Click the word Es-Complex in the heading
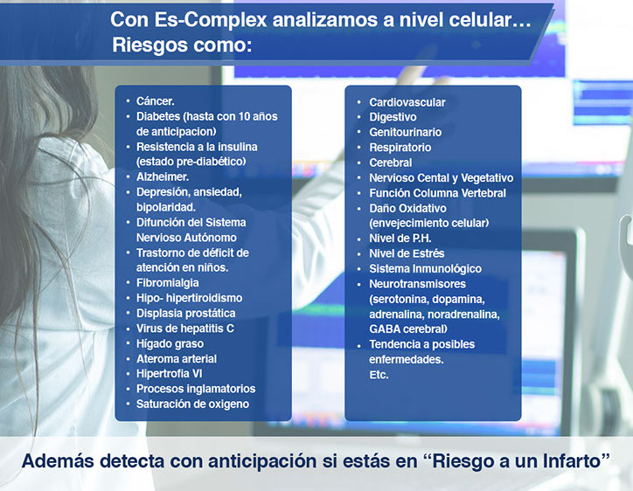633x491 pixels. pyautogui.click(x=211, y=19)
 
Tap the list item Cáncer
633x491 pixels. pyautogui.click(x=156, y=100)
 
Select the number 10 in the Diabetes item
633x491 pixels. pyautogui.click(x=244, y=116)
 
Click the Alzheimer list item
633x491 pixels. pyautogui.click(x=163, y=176)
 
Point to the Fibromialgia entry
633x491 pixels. pyautogui.click(x=168, y=282)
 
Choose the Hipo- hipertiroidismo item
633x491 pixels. pyautogui.click(x=190, y=298)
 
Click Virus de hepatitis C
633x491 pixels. pyautogui.click(x=185, y=328)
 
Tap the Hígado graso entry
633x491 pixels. pyautogui.click(x=170, y=343)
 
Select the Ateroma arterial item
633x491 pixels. pyautogui.click(x=177, y=359)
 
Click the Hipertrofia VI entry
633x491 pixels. pyautogui.click(x=169, y=374)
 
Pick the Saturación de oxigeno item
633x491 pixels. pyautogui.click(x=192, y=404)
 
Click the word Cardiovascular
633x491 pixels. pyautogui.click(x=407, y=102)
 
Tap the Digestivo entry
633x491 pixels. pyautogui.click(x=393, y=117)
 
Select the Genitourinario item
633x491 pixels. pyautogui.click(x=406, y=132)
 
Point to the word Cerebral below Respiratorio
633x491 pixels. pyautogui.click(x=391, y=163)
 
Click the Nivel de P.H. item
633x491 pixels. pyautogui.click(x=400, y=239)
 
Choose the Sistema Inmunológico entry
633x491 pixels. pyautogui.click(x=426, y=269)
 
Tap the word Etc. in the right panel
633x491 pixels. pyautogui.click(x=379, y=375)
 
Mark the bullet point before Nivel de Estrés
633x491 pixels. pyautogui.click(x=358, y=254)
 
